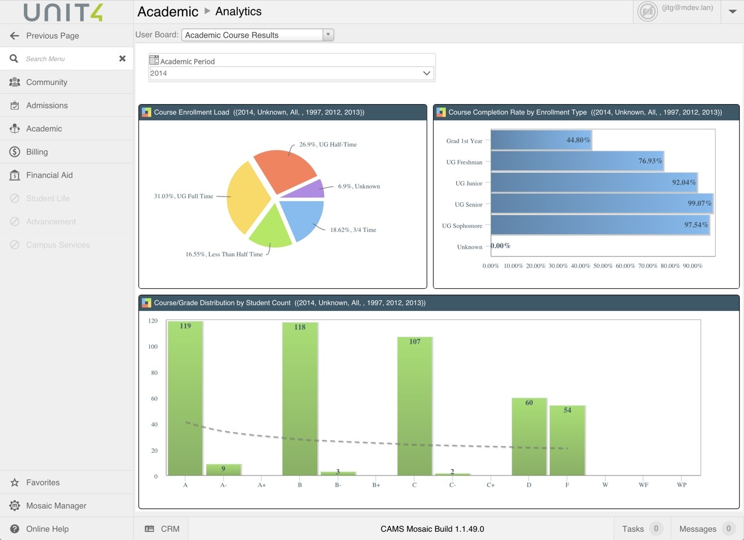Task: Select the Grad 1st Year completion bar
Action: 541,140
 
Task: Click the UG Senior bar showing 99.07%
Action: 602,204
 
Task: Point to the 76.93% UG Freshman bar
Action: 577,161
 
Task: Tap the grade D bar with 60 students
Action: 529,437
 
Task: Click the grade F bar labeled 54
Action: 567,441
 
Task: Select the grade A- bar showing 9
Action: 224,470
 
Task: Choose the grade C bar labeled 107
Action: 414,406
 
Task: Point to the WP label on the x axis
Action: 682,485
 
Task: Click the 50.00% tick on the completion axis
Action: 603,266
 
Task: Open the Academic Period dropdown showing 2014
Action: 291,73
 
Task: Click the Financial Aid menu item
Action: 49,175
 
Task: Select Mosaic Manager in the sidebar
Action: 56,506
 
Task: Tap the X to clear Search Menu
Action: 122,59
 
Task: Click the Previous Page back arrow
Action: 15,35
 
